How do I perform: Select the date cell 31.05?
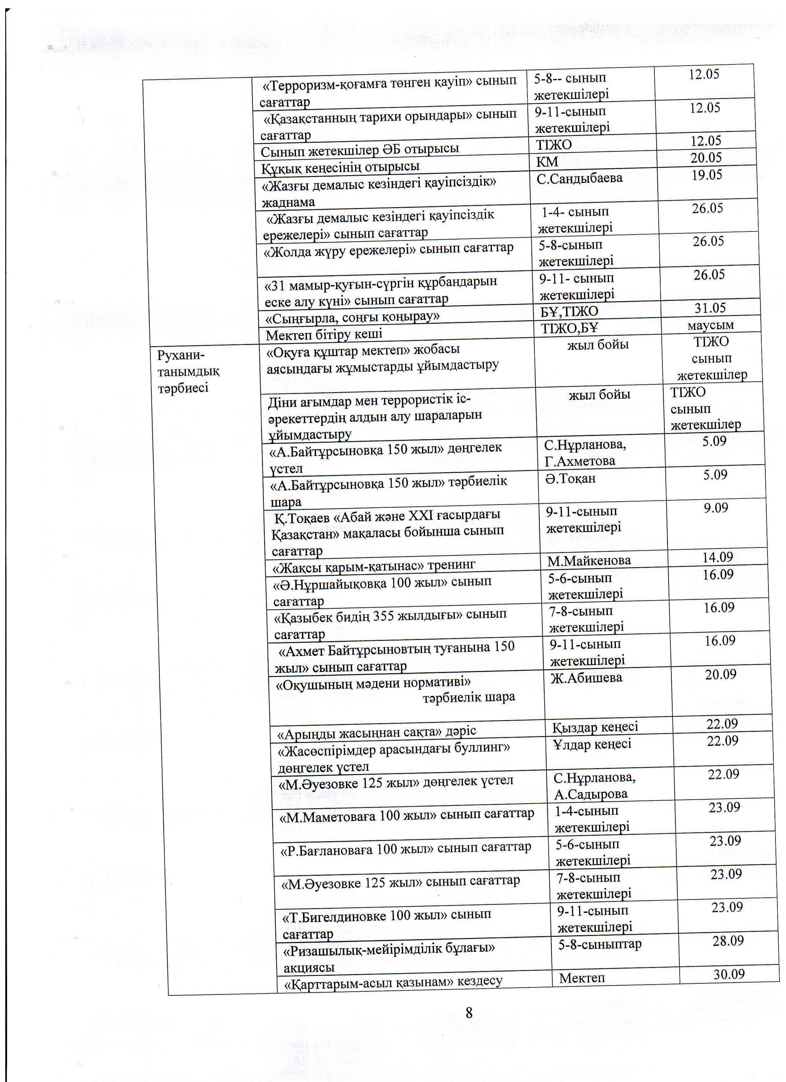(710, 308)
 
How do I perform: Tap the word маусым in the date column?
(711, 325)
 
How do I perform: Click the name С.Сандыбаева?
(579, 178)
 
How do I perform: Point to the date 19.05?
(707, 175)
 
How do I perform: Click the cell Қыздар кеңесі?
(595, 727)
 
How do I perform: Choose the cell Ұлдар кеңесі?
(592, 744)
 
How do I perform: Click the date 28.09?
(728, 941)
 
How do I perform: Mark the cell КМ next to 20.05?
(547, 162)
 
